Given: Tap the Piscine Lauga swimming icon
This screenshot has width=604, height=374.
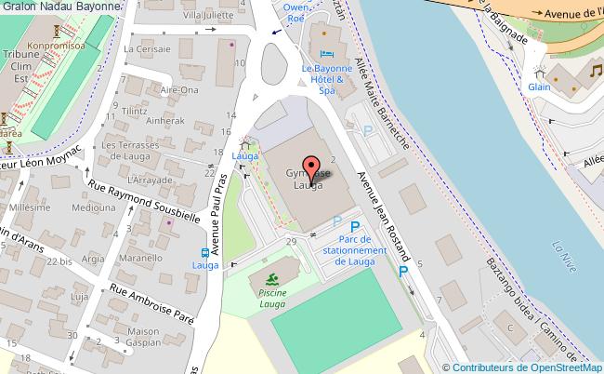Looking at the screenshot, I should point(271,279).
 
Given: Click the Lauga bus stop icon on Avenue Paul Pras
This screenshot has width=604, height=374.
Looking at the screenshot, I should point(204,253).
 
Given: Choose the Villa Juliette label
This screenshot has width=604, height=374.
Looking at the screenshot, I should point(207,16).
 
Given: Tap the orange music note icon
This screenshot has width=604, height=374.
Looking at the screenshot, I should point(595,72).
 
